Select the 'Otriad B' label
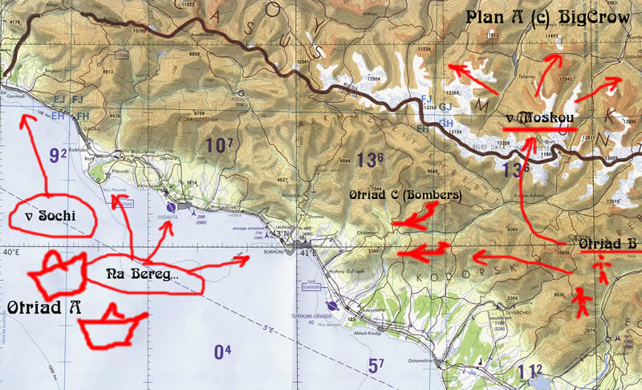click(607, 243)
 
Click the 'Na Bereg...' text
click(143, 274)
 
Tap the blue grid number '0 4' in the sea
click(223, 351)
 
